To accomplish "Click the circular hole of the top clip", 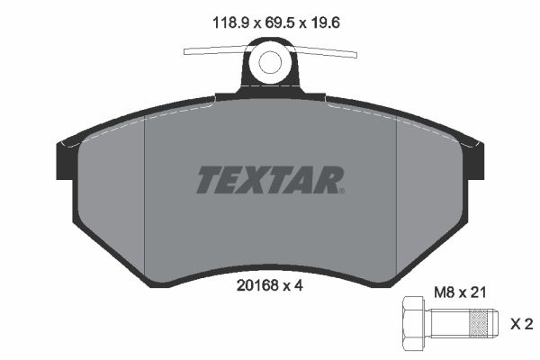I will [270, 63].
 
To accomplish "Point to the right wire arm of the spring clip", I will [328, 51].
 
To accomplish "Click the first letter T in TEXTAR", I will [208, 180].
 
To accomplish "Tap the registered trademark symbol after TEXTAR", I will [341, 190].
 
